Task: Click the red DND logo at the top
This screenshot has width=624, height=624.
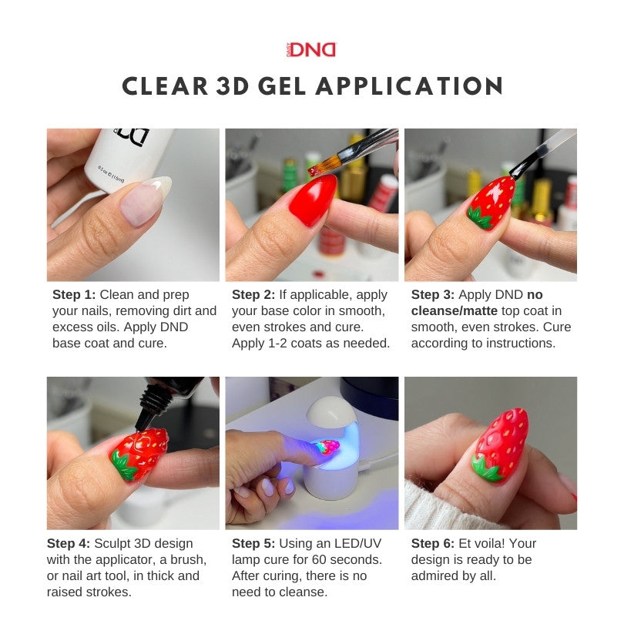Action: [311, 50]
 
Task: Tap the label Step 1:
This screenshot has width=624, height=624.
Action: [74, 294]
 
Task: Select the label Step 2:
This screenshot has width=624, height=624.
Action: [253, 294]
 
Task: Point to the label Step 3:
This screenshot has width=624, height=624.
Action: [433, 294]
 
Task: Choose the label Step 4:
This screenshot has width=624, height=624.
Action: [74, 544]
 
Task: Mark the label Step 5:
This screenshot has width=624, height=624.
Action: [253, 544]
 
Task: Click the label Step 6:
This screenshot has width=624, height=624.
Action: [433, 544]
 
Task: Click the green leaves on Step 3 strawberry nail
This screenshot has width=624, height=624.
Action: [479, 220]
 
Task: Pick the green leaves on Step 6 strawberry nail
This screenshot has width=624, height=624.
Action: [487, 468]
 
